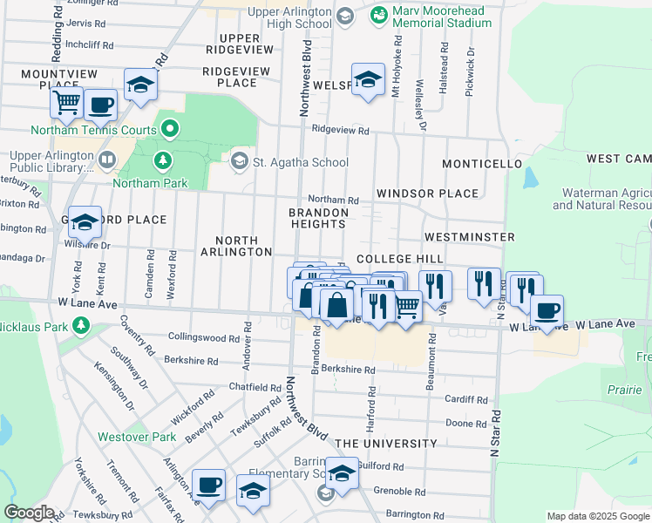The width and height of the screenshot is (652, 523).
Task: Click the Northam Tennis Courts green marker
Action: (170, 131)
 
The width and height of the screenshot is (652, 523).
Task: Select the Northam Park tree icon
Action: (162, 160)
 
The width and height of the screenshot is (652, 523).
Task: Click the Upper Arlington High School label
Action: (289, 17)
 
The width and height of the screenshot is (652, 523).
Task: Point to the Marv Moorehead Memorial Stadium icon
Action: (378, 15)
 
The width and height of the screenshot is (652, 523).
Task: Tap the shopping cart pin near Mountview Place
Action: (66, 103)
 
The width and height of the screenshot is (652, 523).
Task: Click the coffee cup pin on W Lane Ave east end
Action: (547, 311)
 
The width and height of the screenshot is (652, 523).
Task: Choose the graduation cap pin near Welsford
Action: (368, 79)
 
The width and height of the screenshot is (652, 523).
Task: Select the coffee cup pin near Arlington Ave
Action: (208, 485)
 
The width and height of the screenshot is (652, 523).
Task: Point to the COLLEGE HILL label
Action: (399, 260)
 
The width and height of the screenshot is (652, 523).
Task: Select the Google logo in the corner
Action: (29, 513)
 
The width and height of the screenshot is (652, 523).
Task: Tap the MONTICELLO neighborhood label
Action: (481, 164)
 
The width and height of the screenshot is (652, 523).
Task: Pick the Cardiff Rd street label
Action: (464, 400)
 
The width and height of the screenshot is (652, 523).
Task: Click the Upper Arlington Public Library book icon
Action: (106, 160)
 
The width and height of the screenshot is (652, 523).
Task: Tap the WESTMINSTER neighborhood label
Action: (469, 237)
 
